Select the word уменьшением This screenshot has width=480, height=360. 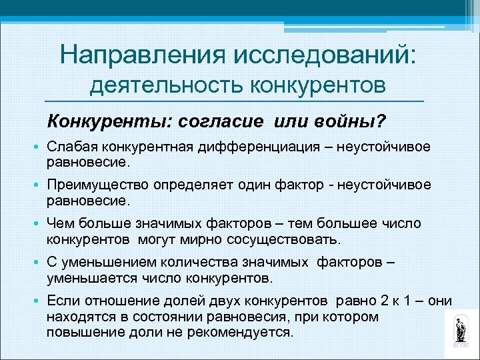(101, 263)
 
